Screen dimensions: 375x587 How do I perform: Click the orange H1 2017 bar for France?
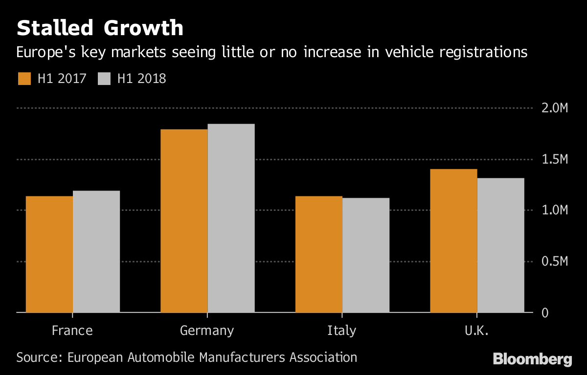[49, 254]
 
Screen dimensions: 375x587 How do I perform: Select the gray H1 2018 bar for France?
[96, 251]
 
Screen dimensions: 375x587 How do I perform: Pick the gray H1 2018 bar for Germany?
[231, 218]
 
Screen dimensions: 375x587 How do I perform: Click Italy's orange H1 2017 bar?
[319, 254]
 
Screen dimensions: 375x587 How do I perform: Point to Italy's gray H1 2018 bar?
[366, 255]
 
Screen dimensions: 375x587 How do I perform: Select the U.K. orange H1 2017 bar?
[453, 240]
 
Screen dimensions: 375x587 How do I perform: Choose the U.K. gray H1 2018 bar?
[500, 245]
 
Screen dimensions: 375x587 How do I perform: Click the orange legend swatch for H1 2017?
[24, 79]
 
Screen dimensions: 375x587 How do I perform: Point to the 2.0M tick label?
[554, 108]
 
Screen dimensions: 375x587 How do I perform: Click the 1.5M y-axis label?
[554, 160]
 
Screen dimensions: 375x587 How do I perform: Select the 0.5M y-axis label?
[554, 262]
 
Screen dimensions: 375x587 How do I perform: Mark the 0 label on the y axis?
[544, 313]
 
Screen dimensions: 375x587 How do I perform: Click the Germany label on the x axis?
[207, 331]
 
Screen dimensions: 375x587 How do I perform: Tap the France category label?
[72, 331]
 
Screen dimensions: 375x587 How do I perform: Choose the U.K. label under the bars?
[476, 331]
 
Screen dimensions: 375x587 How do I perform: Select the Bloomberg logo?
[532, 359]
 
